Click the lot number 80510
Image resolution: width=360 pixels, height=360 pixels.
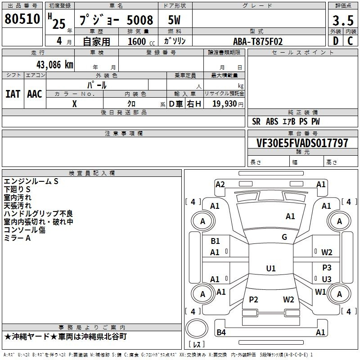point(22,19)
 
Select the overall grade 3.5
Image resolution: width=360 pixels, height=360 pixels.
point(343,20)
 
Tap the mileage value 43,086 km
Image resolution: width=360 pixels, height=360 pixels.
point(54,65)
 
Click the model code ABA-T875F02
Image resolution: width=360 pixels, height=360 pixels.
point(258,41)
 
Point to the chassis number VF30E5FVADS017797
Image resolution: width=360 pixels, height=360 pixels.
point(302,143)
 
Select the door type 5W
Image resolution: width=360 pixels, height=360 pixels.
point(174,20)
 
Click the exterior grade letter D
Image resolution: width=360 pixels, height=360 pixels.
point(336,41)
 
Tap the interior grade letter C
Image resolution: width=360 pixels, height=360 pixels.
point(350,41)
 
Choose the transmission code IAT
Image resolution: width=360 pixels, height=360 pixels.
point(13,94)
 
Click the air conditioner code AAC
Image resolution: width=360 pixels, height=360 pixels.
point(35,94)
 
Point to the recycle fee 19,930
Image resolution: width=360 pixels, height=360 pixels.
point(225,103)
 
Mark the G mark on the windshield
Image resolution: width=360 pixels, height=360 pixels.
point(284,237)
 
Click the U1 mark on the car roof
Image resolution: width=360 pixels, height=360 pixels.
point(271,268)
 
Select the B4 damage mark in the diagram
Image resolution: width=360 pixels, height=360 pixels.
point(221,332)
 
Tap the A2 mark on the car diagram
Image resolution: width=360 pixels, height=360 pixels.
point(220,184)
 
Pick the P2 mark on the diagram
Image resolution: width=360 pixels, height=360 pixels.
point(253,299)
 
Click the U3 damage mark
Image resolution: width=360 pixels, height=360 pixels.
point(327,279)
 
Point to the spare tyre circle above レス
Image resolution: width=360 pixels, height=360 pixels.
point(197,328)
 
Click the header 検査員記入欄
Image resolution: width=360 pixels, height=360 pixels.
point(92,173)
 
